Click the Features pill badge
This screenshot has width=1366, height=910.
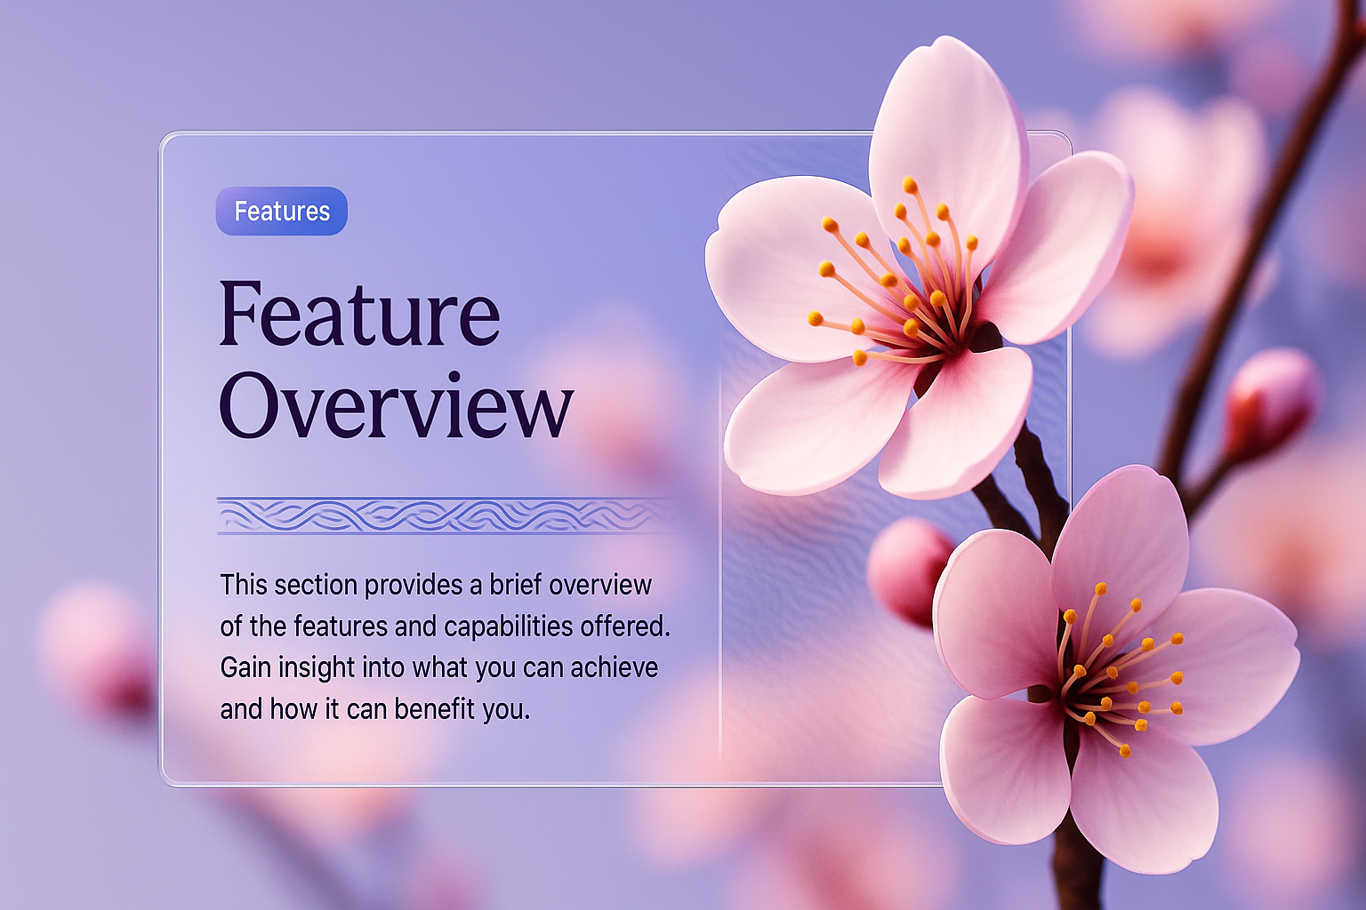[x=282, y=211]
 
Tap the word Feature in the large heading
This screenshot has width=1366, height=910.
[x=360, y=314]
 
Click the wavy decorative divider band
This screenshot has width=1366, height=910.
[x=446, y=515]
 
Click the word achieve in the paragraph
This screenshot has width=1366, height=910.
[x=615, y=668]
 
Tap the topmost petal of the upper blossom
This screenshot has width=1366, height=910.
[x=946, y=152]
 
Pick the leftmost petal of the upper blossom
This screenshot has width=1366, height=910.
[x=792, y=268]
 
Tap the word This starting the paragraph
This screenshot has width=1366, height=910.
[x=244, y=585]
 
